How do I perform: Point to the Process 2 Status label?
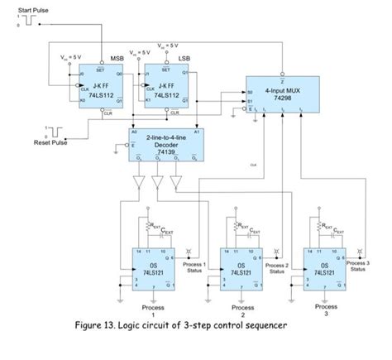tap(278, 267)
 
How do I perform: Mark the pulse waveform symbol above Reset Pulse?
tap(54, 130)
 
